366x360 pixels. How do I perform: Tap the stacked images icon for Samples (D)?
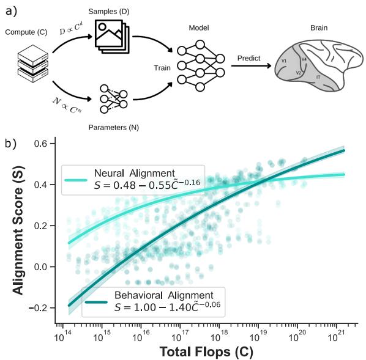(114, 37)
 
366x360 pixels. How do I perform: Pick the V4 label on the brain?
(304, 59)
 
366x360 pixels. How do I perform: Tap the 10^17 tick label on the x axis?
(180, 337)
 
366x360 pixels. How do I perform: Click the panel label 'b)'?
(10, 146)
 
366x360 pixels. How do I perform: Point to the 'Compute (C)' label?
(24, 31)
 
